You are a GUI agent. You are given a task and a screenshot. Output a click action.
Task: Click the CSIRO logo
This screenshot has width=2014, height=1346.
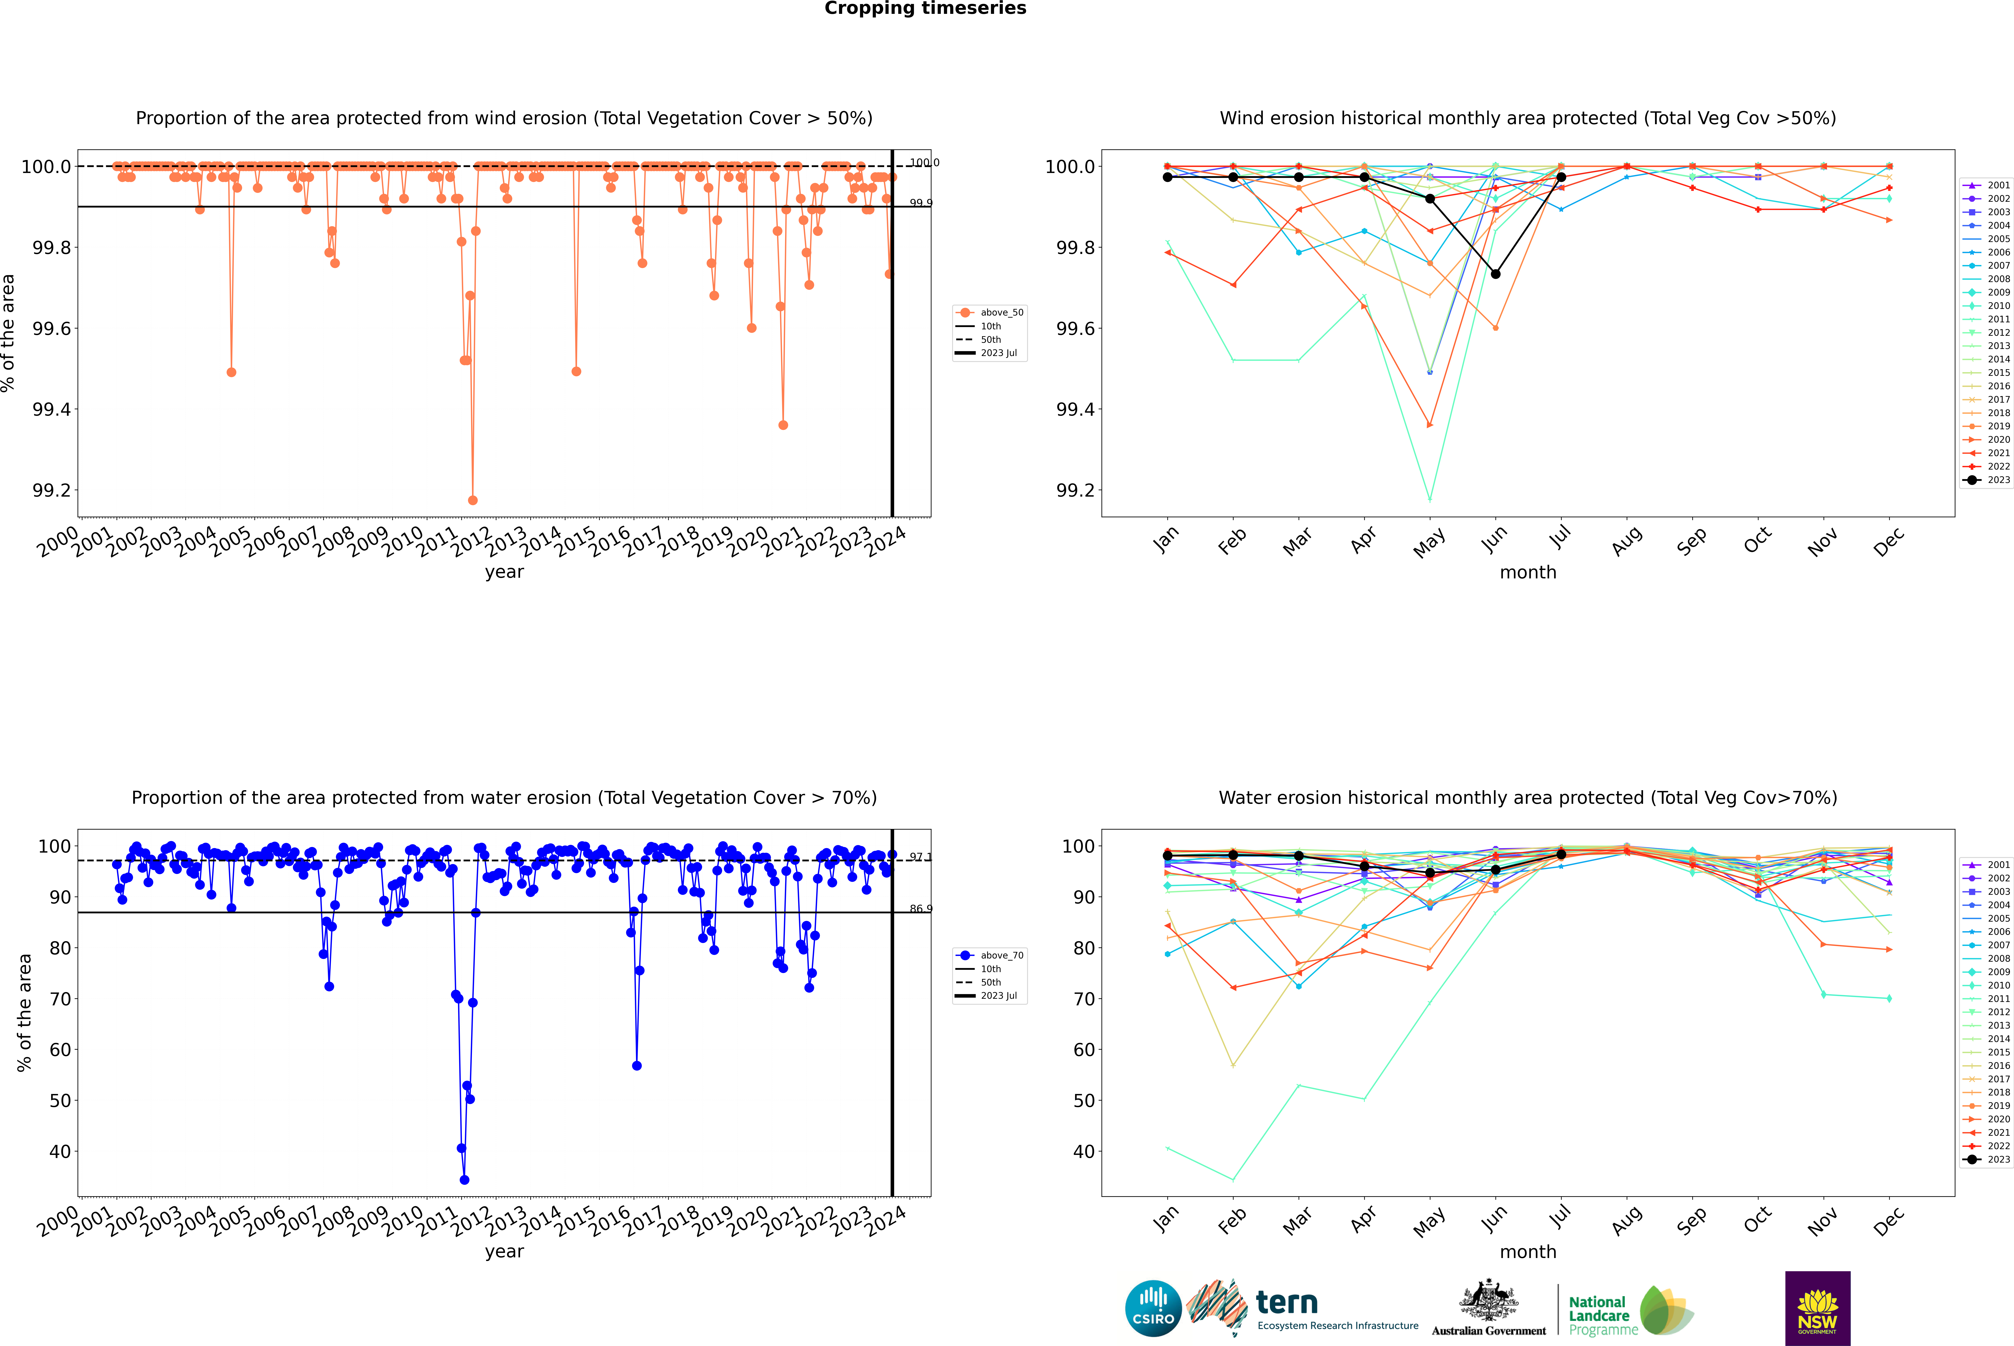point(1153,1308)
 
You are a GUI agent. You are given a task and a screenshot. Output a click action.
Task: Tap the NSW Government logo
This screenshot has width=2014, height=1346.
point(1817,1308)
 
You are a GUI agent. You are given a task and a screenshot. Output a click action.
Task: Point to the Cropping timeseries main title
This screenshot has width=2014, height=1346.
point(925,9)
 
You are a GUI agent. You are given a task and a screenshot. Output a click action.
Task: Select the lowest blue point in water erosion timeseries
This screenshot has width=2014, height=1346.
point(464,1179)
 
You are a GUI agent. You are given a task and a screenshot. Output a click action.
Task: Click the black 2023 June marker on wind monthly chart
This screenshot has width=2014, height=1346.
point(1495,274)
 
